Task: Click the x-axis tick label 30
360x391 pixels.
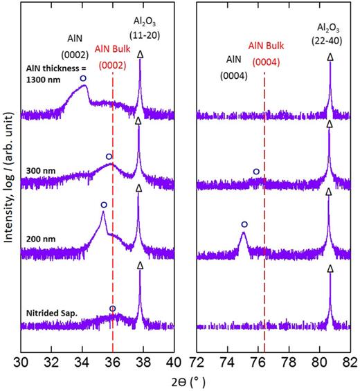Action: (x=22, y=361)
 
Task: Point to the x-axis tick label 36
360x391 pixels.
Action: (x=112, y=361)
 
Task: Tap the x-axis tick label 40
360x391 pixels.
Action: (x=172, y=361)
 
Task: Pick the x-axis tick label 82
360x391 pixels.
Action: (x=348, y=361)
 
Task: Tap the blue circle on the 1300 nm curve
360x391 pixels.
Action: (x=83, y=79)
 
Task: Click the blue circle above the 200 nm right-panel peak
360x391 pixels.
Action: (x=244, y=225)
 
